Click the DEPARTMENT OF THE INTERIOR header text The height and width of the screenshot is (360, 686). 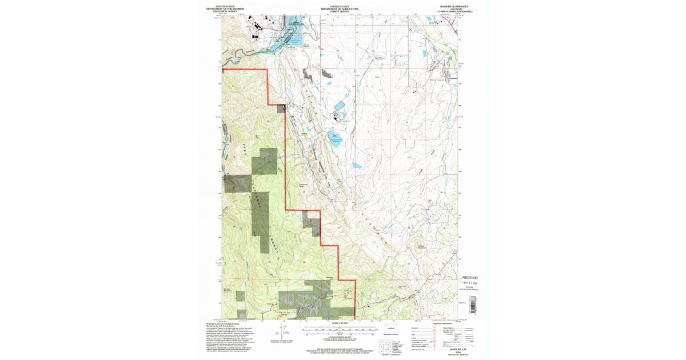[x=232, y=9]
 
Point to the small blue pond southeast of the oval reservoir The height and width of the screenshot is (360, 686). [x=357, y=165]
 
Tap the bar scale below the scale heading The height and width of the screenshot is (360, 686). [x=339, y=329]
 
